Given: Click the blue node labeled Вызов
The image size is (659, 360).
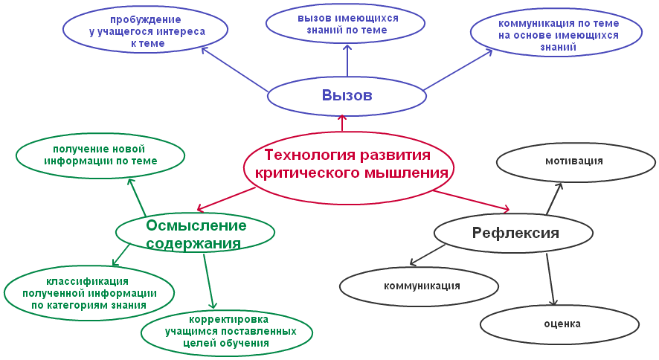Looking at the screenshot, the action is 347,96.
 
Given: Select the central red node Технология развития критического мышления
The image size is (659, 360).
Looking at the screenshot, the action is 349,168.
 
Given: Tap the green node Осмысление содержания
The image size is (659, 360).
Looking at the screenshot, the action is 195,232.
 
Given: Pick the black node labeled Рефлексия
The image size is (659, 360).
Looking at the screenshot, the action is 513,233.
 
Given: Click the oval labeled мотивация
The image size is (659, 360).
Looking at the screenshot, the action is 576,161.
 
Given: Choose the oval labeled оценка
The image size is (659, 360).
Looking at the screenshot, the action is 560,324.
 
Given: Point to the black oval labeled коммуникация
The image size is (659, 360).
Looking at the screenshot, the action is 419,286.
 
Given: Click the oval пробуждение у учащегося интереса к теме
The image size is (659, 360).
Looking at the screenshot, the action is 146,30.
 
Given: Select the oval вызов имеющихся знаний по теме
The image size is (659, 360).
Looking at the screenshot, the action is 345,25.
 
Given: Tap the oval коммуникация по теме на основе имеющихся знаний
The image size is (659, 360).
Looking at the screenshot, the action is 556,35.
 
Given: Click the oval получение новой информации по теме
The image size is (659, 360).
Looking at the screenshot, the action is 100,156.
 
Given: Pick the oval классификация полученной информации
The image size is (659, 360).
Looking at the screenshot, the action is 89,293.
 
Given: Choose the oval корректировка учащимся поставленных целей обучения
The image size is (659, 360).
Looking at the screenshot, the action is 227,332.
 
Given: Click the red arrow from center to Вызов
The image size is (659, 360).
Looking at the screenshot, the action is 343,123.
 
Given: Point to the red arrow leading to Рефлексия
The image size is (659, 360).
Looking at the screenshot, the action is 472,200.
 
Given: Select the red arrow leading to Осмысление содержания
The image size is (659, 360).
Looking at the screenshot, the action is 226,199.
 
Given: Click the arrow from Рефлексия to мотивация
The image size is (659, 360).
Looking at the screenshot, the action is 554,199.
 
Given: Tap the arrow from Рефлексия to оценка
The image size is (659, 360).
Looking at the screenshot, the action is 550,280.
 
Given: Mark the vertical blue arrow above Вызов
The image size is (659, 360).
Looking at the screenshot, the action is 347,61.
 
